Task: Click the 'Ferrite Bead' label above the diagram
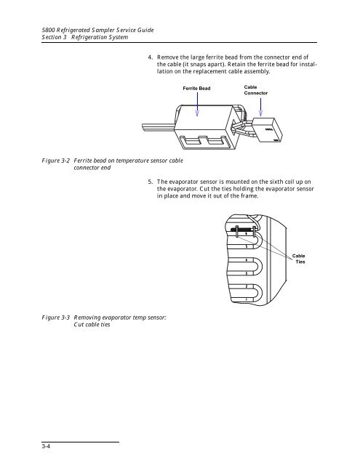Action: [196, 89]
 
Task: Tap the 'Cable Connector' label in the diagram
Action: [256, 90]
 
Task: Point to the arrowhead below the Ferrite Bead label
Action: [197, 113]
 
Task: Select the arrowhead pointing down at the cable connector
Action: [260, 113]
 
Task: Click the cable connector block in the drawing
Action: [267, 130]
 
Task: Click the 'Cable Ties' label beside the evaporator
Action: [299, 259]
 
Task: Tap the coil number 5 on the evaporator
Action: [247, 246]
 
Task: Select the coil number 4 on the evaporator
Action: [247, 260]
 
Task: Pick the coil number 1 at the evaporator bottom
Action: [247, 300]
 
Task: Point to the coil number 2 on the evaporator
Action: [247, 286]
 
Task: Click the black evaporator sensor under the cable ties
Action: [242, 230]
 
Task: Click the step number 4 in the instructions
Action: [150, 57]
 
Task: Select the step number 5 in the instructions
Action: [150, 182]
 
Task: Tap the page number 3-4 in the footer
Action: [46, 446]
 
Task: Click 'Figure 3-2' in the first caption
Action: [56, 161]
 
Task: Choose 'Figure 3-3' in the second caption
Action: [56, 318]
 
